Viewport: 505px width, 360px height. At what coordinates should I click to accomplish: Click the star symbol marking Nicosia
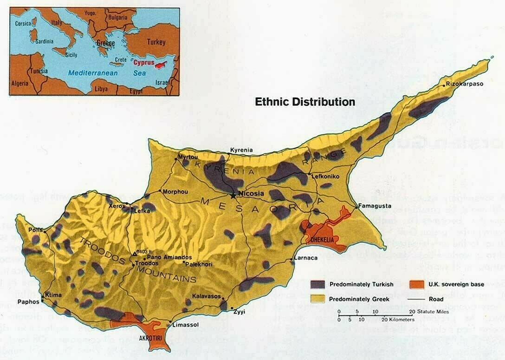tap(233, 195)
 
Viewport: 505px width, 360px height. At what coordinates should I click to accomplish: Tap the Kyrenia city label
tap(241, 150)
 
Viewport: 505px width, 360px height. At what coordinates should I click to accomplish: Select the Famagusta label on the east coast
tap(374, 206)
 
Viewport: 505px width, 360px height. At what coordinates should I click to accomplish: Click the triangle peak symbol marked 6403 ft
tap(135, 254)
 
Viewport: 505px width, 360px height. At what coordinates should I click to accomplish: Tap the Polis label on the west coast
tap(35, 230)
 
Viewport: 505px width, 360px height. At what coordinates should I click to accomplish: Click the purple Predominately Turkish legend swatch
tap(317, 284)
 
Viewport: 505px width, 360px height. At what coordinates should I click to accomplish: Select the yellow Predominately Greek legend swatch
tap(317, 299)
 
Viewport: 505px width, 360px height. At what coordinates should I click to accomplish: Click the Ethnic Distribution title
tap(305, 102)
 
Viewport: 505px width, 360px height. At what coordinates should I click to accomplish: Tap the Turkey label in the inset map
tap(156, 42)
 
